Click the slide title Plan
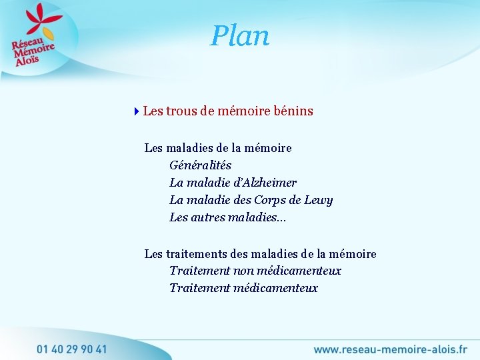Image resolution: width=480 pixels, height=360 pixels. tap(240, 36)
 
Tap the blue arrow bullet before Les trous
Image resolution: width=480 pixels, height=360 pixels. tap(137, 111)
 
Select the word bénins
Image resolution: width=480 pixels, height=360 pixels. tap(293, 111)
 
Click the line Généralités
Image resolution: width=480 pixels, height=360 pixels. tap(200, 165)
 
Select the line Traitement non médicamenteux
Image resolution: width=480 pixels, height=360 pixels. tap(255, 271)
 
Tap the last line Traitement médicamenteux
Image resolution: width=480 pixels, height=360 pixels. tap(243, 288)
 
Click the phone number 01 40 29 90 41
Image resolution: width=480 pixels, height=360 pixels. tap(72, 349)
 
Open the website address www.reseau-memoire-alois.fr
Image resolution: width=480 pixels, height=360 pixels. tap(390, 349)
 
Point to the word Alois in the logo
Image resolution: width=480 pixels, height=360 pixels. tap(27, 59)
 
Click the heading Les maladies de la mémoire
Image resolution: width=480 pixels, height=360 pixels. tap(218, 147)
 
